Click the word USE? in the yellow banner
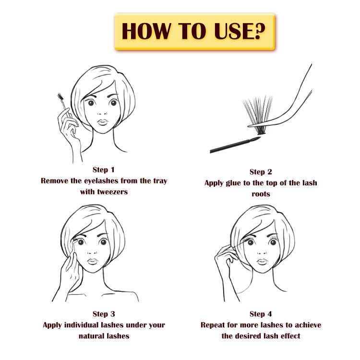pos(240,31)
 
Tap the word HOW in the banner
pos(147,31)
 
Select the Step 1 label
pos(104,169)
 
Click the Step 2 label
pos(261,172)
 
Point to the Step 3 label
pos(104,314)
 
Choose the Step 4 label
pos(261,314)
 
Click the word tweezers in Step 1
pos(112,192)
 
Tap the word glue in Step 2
pos(233,183)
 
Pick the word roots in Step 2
pos(261,194)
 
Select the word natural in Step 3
pos(90,336)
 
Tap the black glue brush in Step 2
pos(235,144)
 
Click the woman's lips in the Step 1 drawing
pos(103,122)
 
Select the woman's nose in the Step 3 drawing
pos(92,252)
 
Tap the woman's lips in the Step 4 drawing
pos(262,262)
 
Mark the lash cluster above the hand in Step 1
pos(60,96)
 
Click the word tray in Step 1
pos(160,181)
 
